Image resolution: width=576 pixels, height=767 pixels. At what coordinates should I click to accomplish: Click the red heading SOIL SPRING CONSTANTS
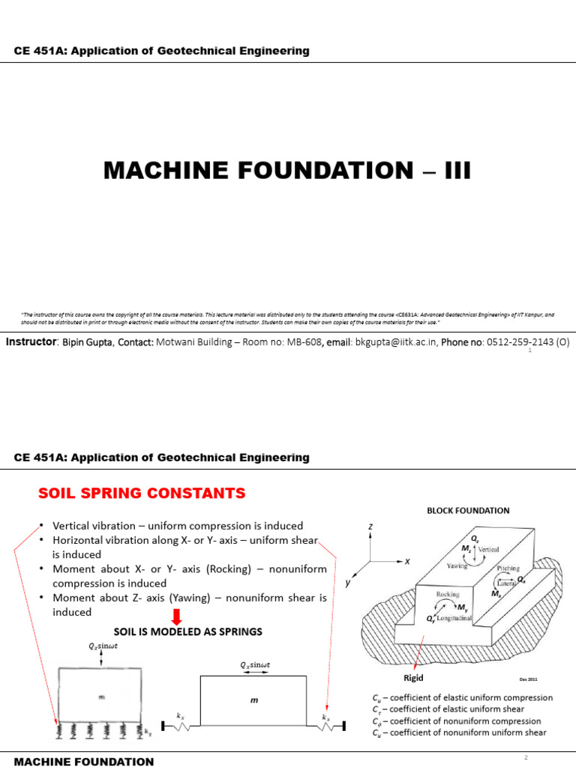(142, 493)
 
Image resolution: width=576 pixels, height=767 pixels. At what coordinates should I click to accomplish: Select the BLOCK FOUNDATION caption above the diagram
(468, 511)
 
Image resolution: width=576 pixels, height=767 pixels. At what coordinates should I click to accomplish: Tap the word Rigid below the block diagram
(413, 678)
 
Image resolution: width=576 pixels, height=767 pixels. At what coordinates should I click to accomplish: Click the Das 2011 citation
(528, 679)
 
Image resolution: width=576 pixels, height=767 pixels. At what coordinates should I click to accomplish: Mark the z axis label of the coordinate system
(370, 526)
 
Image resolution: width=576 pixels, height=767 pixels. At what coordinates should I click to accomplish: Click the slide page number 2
(526, 757)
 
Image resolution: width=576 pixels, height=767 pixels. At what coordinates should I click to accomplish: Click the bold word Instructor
(31, 342)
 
